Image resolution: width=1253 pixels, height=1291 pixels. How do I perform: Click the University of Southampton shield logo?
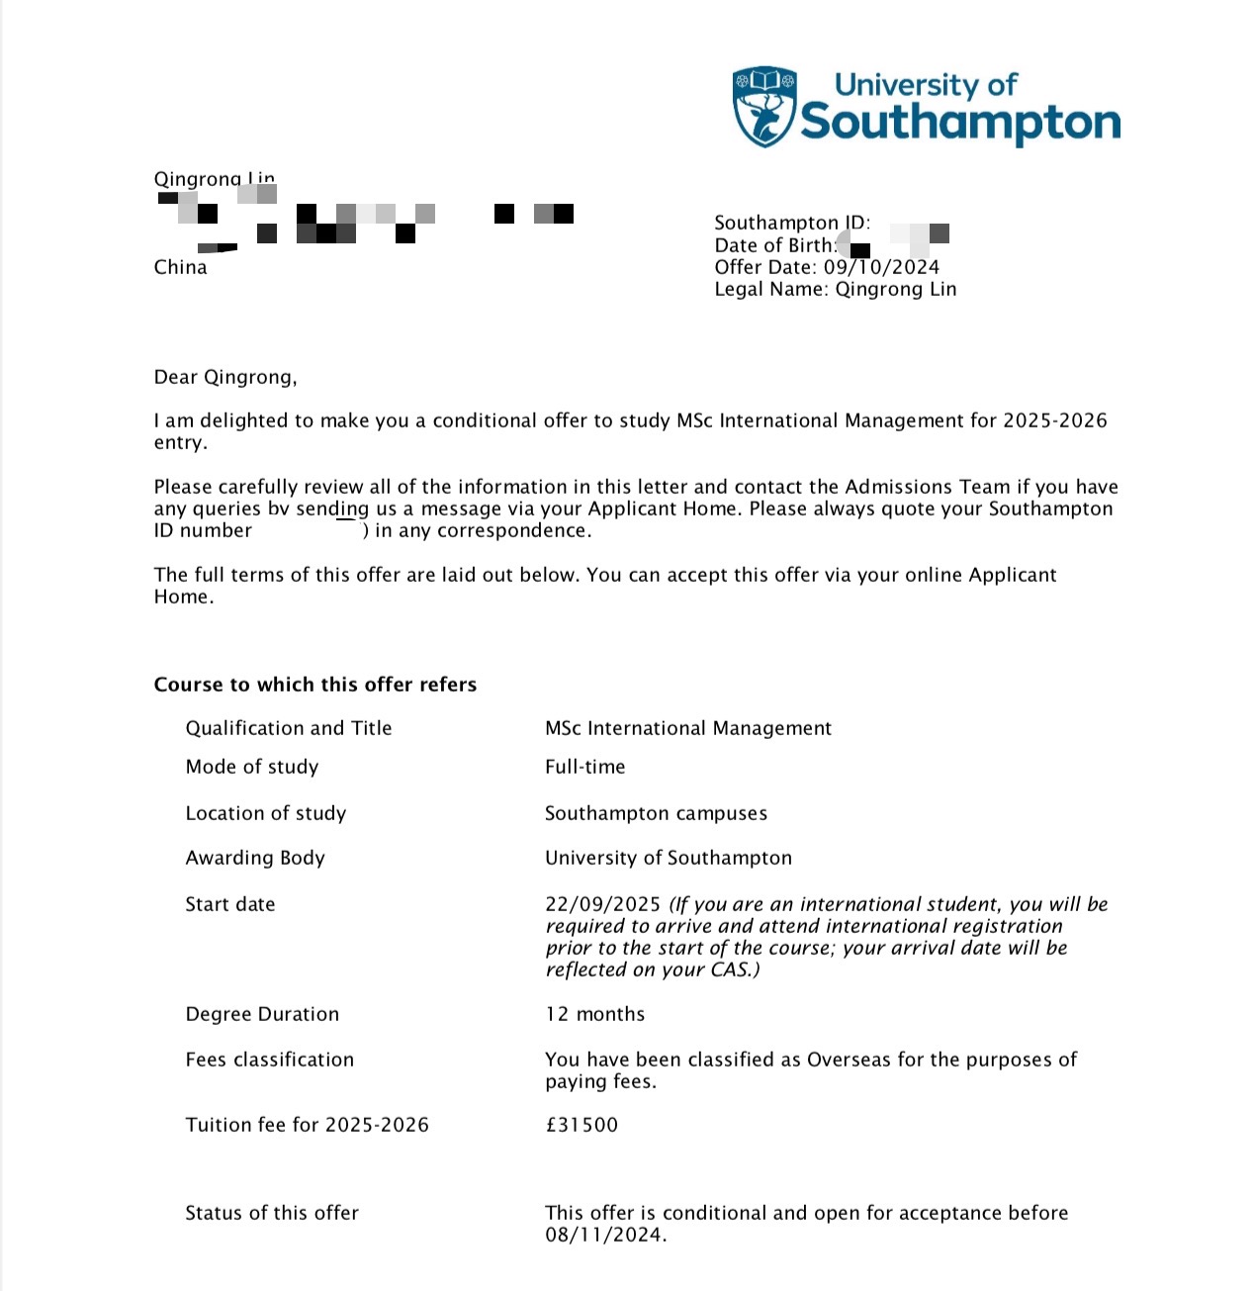764,107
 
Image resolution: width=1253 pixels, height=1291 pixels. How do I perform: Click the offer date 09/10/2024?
881,267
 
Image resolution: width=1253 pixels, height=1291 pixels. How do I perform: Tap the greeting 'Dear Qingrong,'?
225,377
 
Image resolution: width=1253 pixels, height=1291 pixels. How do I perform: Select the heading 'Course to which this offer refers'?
315,685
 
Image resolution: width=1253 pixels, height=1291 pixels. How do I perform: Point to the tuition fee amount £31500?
582,1125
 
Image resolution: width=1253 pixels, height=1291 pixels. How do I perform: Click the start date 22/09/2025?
602,904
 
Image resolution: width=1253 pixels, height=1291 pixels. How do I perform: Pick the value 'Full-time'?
585,767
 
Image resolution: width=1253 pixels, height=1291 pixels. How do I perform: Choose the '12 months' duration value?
595,1014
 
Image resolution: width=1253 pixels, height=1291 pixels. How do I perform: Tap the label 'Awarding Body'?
255,858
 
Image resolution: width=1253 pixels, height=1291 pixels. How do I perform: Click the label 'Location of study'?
266,813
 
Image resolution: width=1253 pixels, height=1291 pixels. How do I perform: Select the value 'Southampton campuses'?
656,813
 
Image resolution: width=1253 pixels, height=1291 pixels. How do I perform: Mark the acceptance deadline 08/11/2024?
605,1235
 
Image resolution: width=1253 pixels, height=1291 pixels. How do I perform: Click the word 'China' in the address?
181,267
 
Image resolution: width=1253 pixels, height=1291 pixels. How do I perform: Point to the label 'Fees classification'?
270,1060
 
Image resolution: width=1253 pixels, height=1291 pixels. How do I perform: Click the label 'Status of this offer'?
272,1213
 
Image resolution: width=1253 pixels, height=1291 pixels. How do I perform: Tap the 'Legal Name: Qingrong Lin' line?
836,289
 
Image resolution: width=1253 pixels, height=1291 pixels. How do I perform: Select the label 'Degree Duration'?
262,1014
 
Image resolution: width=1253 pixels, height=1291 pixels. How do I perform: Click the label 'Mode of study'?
252,767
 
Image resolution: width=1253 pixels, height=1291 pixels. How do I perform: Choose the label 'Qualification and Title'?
289,728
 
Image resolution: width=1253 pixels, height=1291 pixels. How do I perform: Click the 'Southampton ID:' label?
792,223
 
